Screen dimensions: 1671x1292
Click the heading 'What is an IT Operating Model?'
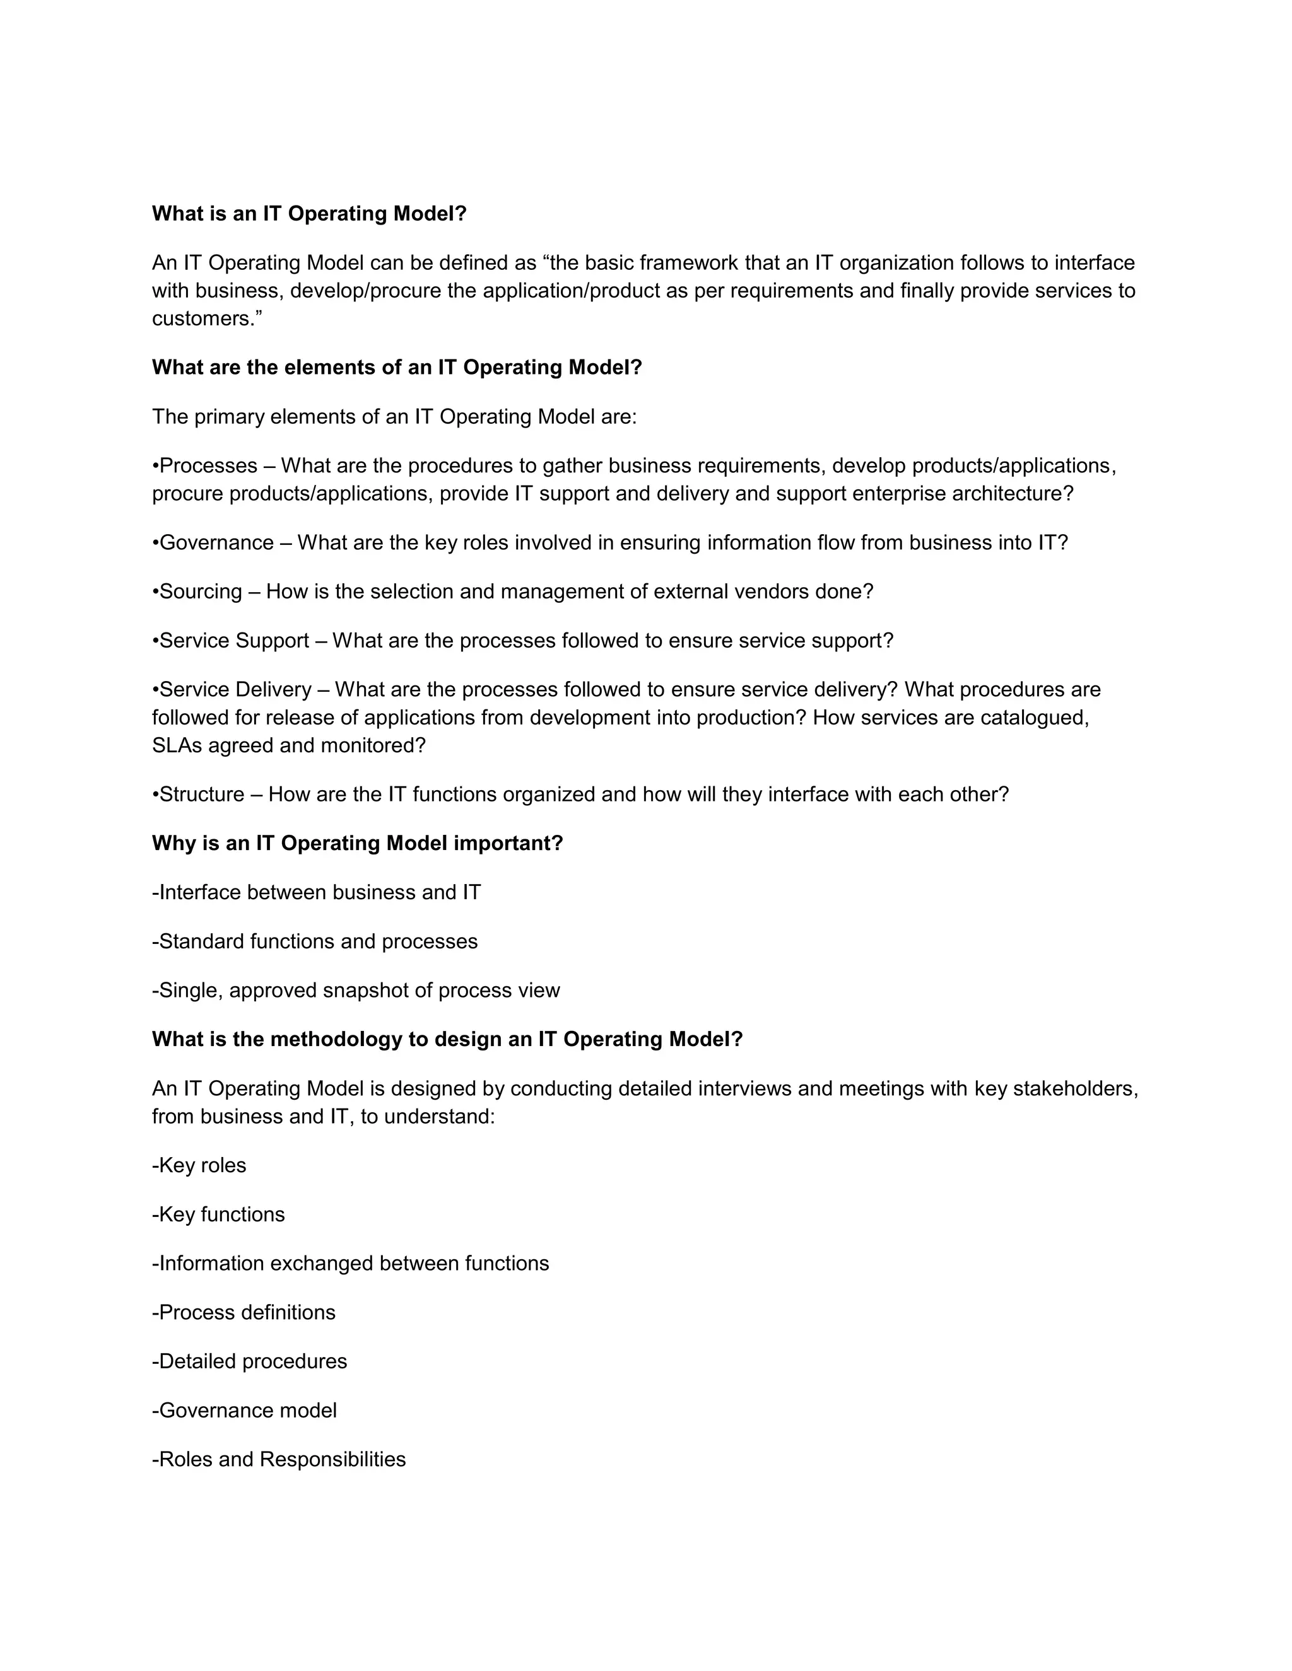coord(309,214)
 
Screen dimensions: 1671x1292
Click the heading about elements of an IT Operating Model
coord(396,367)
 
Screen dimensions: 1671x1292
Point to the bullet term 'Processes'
coord(208,466)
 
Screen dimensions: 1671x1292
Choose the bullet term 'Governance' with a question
coord(216,543)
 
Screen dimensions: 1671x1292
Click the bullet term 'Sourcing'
coord(200,592)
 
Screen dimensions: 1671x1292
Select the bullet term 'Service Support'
coord(233,641)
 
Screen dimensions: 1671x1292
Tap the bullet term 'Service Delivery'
coord(235,690)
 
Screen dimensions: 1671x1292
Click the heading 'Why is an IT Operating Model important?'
coord(358,843)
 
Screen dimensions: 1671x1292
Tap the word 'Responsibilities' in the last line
coord(332,1460)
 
